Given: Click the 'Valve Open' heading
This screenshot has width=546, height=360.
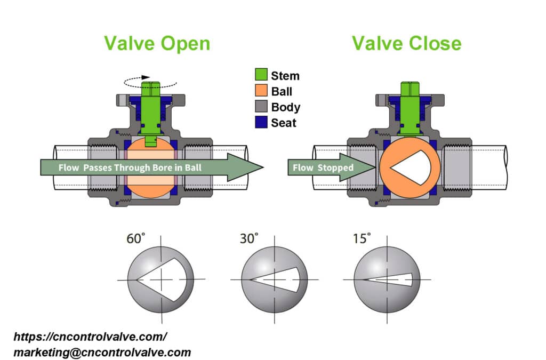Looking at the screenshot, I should (x=157, y=43).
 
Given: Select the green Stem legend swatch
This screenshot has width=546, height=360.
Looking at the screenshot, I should (x=261, y=76).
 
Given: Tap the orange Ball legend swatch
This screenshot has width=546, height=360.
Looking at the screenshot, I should (x=261, y=91).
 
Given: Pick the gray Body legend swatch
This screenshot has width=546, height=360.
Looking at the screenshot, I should (x=261, y=107).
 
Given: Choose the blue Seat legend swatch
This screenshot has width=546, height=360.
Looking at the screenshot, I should (x=261, y=122).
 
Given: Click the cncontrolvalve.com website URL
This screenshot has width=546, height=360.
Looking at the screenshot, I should (x=90, y=337).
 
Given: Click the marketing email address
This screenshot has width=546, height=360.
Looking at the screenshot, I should (x=102, y=352).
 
